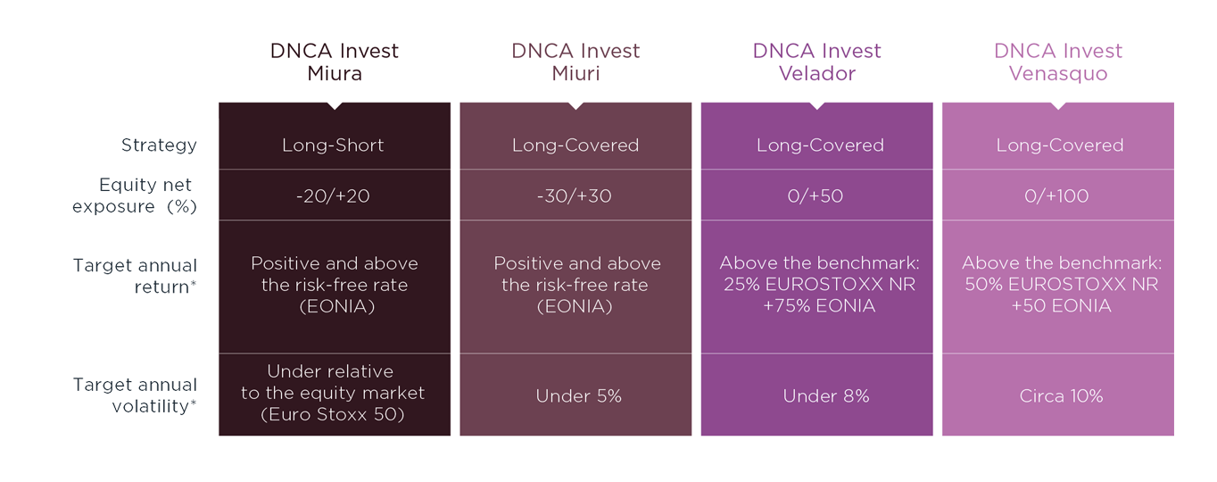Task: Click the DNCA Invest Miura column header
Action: click(334, 62)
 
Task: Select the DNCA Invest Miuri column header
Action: click(575, 62)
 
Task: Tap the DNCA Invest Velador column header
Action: click(816, 62)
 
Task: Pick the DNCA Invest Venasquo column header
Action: click(1058, 62)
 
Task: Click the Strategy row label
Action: click(159, 145)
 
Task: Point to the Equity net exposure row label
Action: click(134, 195)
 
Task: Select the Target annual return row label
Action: click(135, 276)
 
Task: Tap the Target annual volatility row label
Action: click(135, 395)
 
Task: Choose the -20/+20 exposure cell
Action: click(333, 195)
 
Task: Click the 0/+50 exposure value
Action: click(815, 195)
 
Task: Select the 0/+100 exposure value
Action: click(1056, 195)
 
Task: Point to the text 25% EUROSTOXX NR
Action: click(819, 284)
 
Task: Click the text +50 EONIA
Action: click(1061, 306)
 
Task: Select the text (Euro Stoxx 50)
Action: click(333, 415)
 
